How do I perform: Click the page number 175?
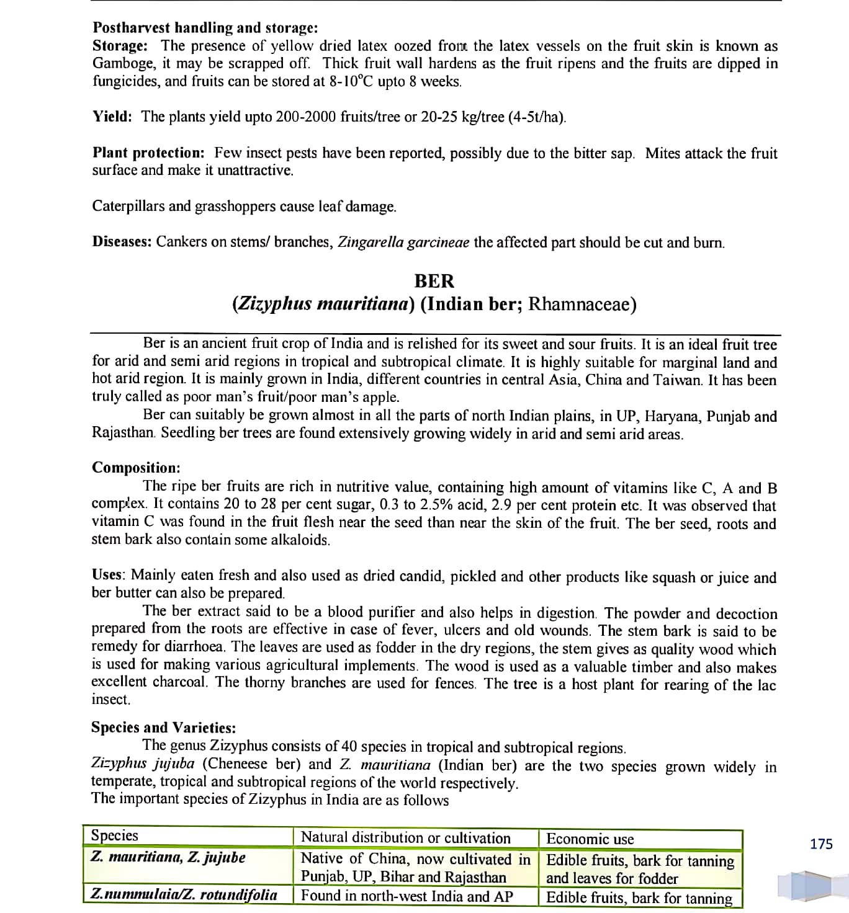[x=821, y=844]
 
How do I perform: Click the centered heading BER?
[x=434, y=281]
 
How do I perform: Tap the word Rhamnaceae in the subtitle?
[x=582, y=304]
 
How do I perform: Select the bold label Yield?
[x=112, y=117]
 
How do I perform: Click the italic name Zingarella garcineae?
[x=403, y=242]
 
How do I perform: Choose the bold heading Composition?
[x=136, y=468]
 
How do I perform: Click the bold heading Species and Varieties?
[x=163, y=727]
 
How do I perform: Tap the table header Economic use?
[x=590, y=839]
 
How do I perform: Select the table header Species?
[x=115, y=835]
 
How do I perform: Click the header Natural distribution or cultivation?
[x=405, y=838]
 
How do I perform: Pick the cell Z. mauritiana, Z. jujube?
[x=168, y=858]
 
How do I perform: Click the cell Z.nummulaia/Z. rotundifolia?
[x=184, y=894]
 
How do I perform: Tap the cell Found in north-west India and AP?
[x=407, y=896]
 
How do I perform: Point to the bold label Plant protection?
[x=148, y=153]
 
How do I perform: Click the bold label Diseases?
[x=122, y=241]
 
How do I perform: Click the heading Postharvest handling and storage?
[x=205, y=28]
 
